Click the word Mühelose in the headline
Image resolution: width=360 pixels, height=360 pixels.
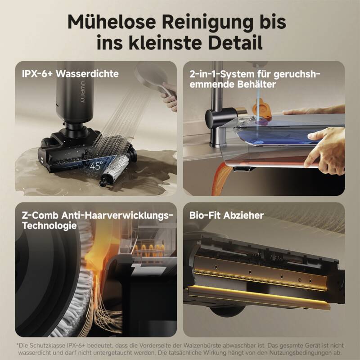point(112,22)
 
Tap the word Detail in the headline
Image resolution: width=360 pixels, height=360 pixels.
point(235,43)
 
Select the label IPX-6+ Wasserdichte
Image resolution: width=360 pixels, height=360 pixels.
point(70,74)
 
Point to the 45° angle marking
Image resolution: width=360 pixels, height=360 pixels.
point(96,166)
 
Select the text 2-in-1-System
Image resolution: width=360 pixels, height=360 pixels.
point(222,74)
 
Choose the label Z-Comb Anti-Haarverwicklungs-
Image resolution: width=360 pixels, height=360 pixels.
point(97,216)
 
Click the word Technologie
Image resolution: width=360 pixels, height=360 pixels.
point(49,226)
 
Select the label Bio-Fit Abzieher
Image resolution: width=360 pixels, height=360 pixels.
point(226,216)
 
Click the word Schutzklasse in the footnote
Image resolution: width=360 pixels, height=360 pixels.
point(51,346)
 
